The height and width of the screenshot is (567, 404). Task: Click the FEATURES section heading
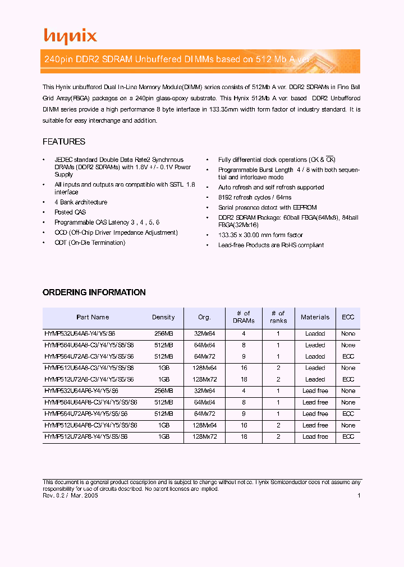click(x=64, y=142)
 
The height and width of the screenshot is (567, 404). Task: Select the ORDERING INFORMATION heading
click(x=94, y=292)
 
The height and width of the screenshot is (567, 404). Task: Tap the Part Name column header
click(x=93, y=317)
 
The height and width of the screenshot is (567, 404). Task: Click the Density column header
click(x=163, y=317)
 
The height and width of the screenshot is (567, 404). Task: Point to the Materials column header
click(x=315, y=317)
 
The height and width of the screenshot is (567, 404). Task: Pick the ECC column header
click(x=348, y=317)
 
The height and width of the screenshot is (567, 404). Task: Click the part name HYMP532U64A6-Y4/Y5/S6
click(x=81, y=334)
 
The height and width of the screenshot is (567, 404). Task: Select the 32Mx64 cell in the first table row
click(x=204, y=334)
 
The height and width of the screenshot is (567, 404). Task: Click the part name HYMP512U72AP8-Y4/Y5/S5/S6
click(x=86, y=436)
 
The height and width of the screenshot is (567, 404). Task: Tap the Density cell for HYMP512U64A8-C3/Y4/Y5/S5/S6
click(x=163, y=368)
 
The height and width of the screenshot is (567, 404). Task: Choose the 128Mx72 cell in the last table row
click(x=204, y=436)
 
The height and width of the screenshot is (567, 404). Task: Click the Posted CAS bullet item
click(x=70, y=212)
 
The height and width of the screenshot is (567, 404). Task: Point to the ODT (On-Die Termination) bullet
click(x=90, y=243)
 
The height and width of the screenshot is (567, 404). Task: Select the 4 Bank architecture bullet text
click(x=81, y=202)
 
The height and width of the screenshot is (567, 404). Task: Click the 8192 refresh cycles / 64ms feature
click(x=255, y=197)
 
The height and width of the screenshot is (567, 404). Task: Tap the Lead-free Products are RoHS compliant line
click(x=271, y=245)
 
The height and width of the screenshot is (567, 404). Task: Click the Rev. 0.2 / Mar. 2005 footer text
click(x=71, y=496)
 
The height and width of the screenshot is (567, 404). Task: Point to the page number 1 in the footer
click(x=359, y=496)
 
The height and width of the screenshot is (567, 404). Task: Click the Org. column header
click(x=204, y=317)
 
